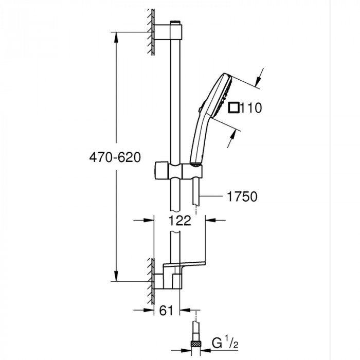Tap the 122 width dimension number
tap(179, 221)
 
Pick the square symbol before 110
tap(235, 107)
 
